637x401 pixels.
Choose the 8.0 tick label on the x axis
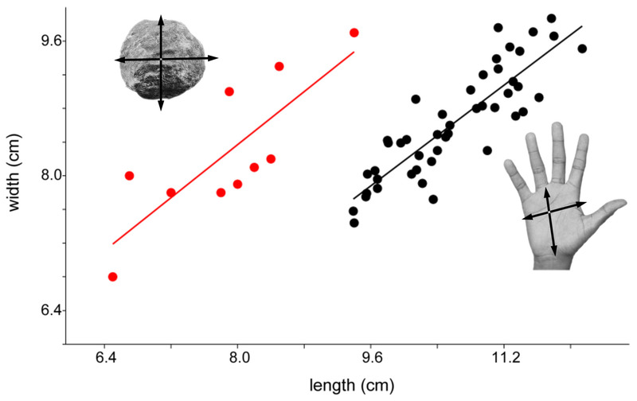238,359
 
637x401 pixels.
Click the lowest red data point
113,277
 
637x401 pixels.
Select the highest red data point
354,33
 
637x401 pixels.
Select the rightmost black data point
582,49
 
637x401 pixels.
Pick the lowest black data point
354,223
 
